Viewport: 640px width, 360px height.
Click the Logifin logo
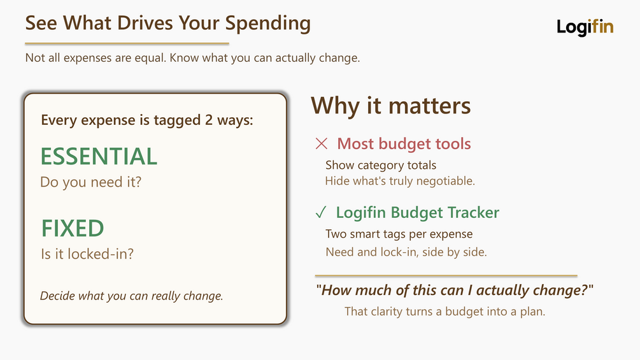[585, 27]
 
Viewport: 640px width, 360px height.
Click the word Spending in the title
[267, 24]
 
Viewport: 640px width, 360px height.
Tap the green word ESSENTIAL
[99, 156]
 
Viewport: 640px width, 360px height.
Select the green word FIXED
[73, 228]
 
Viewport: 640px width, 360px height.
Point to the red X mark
[322, 143]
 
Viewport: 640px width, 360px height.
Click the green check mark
[321, 212]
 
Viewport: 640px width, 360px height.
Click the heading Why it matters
[390, 106]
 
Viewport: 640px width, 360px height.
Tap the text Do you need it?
[90, 182]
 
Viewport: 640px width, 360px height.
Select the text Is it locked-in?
[87, 254]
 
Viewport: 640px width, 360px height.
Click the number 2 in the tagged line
[209, 120]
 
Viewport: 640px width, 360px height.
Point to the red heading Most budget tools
[404, 143]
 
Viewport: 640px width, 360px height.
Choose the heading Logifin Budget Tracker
[418, 213]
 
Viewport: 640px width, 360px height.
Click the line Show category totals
[381, 165]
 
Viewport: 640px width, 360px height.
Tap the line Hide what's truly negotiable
[400, 181]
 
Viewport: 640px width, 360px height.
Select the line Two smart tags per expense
[399, 234]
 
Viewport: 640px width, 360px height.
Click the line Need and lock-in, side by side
[406, 252]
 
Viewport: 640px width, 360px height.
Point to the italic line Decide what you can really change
[131, 296]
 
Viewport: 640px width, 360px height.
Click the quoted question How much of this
[454, 290]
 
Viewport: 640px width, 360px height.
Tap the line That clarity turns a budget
[445, 312]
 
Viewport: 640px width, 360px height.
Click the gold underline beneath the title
[127, 43]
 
